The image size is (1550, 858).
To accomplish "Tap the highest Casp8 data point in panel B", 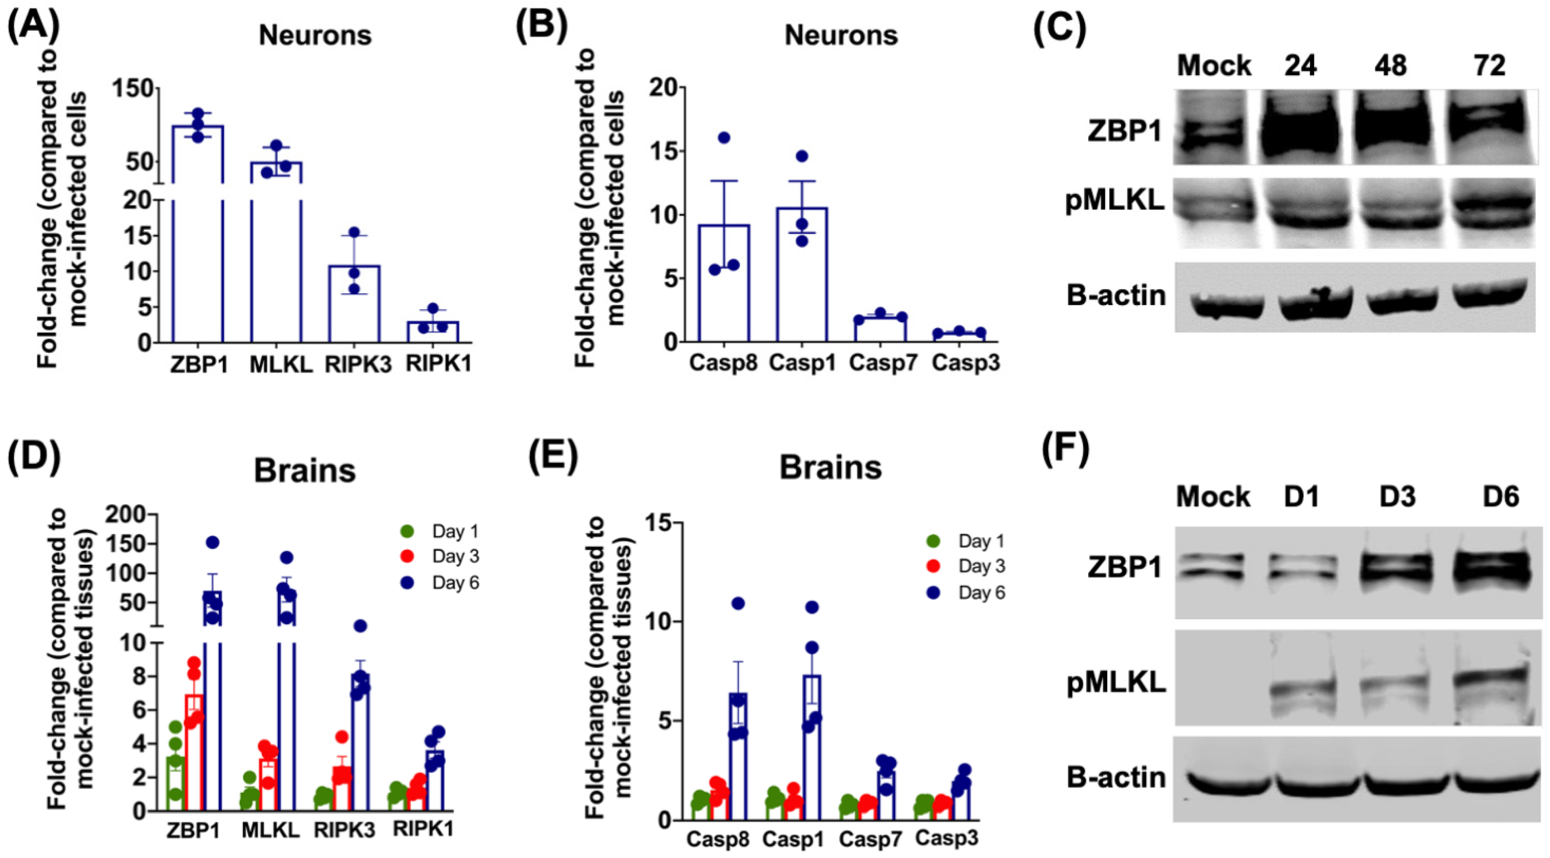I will [724, 138].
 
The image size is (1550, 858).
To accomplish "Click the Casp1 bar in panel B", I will [802, 277].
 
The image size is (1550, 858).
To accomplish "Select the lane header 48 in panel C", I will [1390, 65].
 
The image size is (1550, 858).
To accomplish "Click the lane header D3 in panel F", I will [1397, 497].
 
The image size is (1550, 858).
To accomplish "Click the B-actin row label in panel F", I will [1116, 777].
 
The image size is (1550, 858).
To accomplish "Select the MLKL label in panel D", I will [270, 831].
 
